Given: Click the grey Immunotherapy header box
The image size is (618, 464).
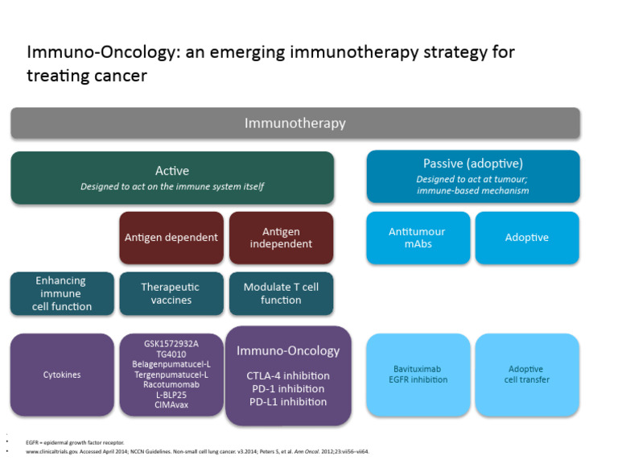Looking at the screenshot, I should (x=295, y=123).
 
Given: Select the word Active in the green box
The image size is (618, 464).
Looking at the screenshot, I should (x=172, y=170).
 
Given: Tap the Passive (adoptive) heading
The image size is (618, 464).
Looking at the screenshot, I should (x=472, y=163).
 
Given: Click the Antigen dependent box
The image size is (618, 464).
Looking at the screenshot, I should (x=171, y=238).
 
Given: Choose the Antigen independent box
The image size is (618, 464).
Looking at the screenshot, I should (x=281, y=238).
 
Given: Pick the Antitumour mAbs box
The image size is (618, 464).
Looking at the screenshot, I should (x=417, y=238).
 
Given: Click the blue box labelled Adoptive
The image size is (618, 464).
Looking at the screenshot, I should (x=526, y=238).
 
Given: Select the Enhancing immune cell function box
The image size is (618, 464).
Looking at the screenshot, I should (x=62, y=293).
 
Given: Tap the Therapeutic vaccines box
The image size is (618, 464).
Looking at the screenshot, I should (x=171, y=293).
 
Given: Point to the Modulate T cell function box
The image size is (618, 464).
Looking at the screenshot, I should (x=281, y=293).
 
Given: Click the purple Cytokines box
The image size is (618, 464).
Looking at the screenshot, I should (x=62, y=375).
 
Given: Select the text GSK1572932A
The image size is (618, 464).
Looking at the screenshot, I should (x=171, y=343).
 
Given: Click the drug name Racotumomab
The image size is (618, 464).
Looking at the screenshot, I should (x=171, y=385).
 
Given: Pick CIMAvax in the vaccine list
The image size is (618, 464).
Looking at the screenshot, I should (x=171, y=406).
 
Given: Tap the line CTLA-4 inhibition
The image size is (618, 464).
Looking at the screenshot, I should (x=288, y=375).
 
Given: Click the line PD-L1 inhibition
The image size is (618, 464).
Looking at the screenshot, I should (x=288, y=401).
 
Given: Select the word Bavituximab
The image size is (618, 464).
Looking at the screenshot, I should (x=417, y=369).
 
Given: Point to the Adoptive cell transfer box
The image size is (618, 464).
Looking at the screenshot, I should (x=526, y=375).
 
